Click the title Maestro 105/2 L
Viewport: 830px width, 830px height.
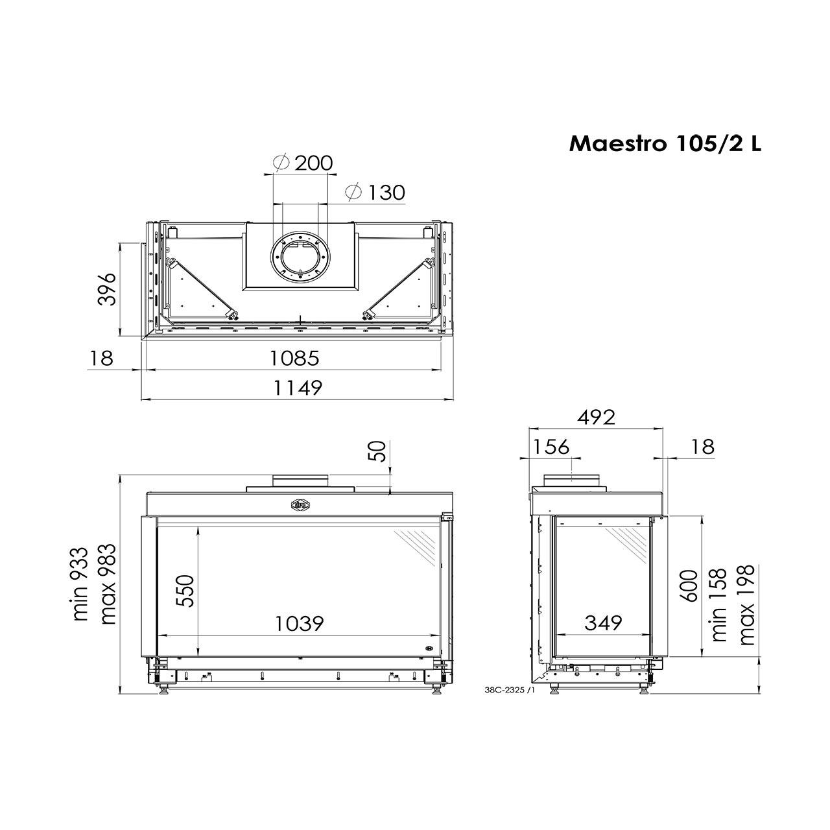pos(665,143)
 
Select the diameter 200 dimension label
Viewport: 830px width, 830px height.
pos(303,163)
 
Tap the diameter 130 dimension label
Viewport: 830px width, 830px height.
pos(375,192)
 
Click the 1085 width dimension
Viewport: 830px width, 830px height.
pos(294,358)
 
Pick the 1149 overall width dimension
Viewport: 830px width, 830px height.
pos(298,388)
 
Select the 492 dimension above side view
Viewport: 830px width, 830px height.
pos(596,417)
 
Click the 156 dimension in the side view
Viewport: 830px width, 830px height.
pos(551,447)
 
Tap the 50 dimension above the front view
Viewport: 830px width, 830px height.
pos(379,452)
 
